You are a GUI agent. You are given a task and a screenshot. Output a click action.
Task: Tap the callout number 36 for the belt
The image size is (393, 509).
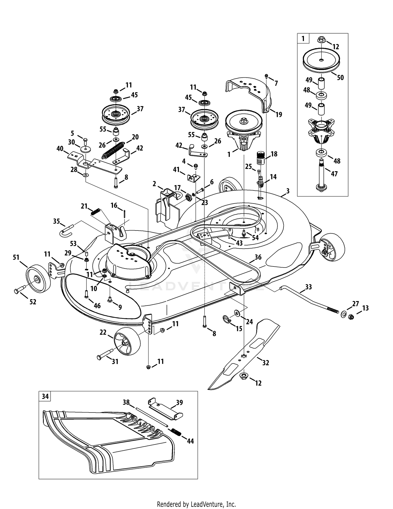pyautogui.click(x=258, y=257)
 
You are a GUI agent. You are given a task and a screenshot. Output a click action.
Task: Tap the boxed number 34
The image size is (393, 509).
pyautogui.click(x=45, y=396)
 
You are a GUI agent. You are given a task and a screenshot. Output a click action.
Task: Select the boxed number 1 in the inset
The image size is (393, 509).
pyautogui.click(x=303, y=39)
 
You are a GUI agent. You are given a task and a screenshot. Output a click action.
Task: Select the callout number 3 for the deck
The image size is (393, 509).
pyautogui.click(x=288, y=191)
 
